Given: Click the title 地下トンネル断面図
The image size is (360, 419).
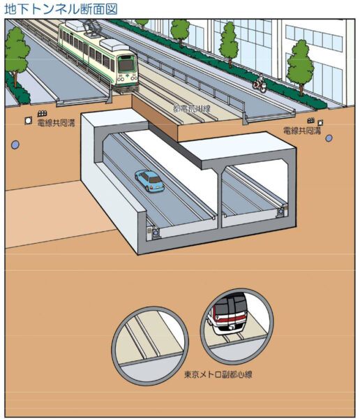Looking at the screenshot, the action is point(61,9).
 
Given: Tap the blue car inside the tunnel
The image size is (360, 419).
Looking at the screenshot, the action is point(149,181).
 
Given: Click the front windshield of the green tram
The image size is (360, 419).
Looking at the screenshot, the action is point(126,65).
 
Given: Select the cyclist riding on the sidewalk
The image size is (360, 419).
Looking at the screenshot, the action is point(260,83).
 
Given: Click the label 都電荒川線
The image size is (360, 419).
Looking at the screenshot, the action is point(192,108).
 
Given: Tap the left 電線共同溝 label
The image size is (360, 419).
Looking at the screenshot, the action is point(56,123).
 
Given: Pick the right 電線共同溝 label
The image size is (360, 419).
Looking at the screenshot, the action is point(302,131).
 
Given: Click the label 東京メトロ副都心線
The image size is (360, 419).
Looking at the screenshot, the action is point(218,374).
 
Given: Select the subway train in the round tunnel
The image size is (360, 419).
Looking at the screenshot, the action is point(230,315).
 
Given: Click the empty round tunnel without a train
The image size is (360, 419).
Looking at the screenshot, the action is point(150,346).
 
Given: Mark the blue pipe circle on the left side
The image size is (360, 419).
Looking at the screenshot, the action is point(15,145).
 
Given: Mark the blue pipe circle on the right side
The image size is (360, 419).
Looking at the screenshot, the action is point(329,138).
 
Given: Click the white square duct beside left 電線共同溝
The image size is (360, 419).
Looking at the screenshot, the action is point(29,121).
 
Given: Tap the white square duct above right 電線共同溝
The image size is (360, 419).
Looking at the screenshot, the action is point(320,123).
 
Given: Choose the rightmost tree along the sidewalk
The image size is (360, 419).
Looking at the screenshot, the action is point(300,67).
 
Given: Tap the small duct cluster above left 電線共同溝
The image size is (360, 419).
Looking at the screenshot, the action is point(42,114).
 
